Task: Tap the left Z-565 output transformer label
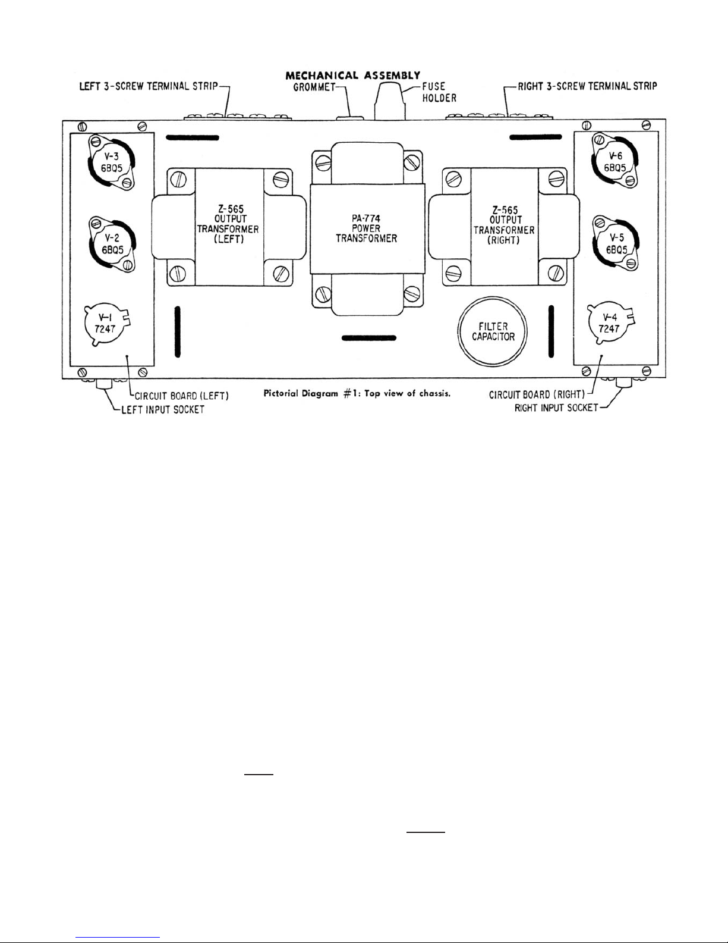point(224,228)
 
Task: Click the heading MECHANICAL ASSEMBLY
point(353,76)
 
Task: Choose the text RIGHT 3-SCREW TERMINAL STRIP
point(585,86)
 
